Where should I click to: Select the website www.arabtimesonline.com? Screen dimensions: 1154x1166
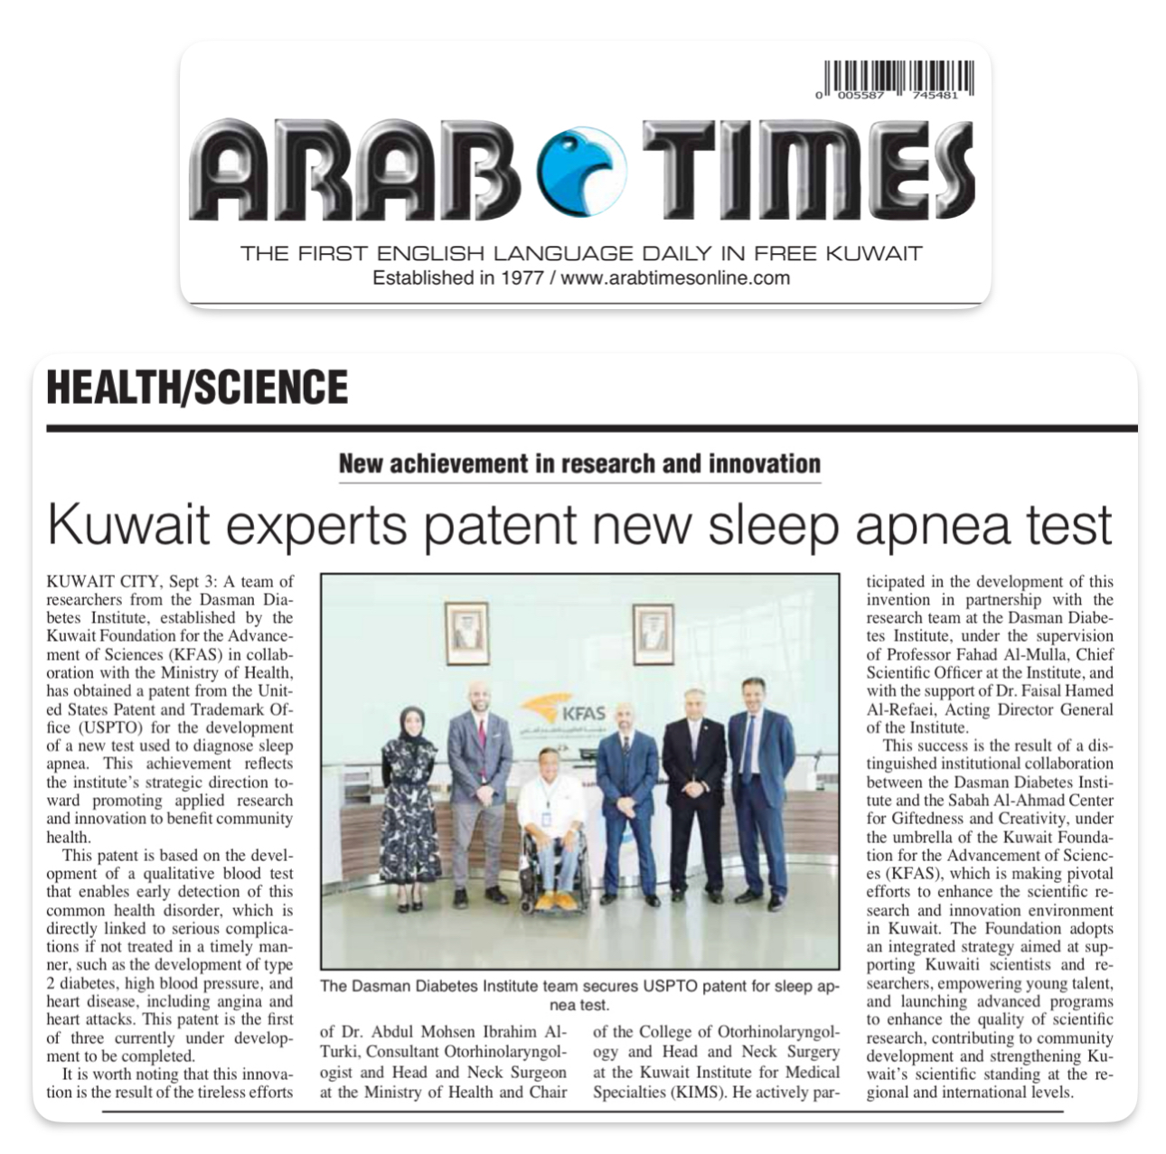coord(675,278)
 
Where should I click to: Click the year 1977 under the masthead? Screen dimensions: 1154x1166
coord(518,278)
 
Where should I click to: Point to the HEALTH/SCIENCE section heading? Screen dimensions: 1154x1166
coord(197,387)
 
